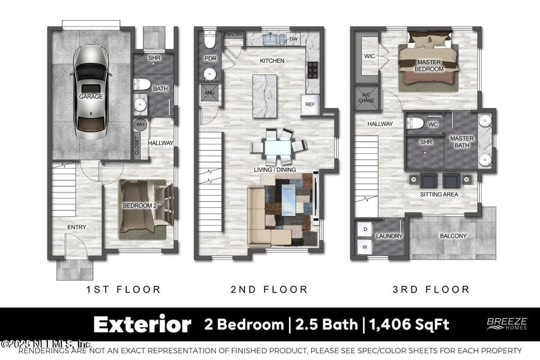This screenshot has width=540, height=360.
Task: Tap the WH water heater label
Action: (x=140, y=124)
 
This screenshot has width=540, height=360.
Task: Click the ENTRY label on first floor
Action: (x=76, y=227)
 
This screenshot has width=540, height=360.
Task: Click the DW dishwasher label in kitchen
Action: (x=293, y=38)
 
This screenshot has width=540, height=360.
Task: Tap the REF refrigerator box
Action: (x=310, y=105)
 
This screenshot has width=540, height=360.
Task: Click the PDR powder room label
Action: (x=209, y=59)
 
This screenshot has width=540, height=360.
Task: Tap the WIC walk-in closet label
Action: (x=369, y=57)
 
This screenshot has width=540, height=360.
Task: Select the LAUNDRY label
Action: (x=389, y=236)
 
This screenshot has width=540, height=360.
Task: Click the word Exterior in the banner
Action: (x=142, y=325)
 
